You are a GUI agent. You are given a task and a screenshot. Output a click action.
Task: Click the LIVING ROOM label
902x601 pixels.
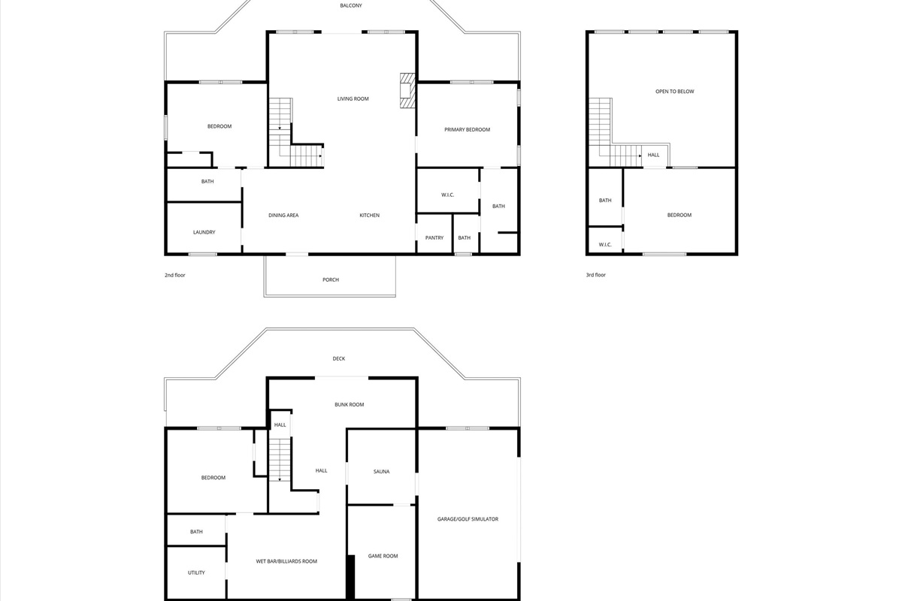pyautogui.click(x=353, y=98)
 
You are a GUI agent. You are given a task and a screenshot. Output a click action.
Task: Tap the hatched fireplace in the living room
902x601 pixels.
pyautogui.click(x=407, y=90)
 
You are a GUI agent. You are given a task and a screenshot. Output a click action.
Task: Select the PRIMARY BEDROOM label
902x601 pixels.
pyautogui.click(x=467, y=130)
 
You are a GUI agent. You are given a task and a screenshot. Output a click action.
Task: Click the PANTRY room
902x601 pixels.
pyautogui.click(x=434, y=234)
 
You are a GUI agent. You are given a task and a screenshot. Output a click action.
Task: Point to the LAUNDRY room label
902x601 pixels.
pyautogui.click(x=204, y=232)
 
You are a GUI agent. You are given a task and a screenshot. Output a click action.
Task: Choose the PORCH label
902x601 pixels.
pyautogui.click(x=331, y=279)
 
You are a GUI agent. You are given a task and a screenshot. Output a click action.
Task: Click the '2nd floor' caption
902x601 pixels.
pyautogui.click(x=174, y=276)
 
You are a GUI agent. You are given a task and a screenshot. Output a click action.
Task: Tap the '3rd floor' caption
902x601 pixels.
pyautogui.click(x=596, y=275)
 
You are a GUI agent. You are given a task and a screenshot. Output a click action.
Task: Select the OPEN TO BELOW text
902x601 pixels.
pyautogui.click(x=675, y=92)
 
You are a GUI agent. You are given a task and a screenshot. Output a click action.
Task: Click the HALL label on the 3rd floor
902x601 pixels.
pyautogui.click(x=653, y=155)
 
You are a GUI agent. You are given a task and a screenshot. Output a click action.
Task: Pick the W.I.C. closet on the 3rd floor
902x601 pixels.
pyautogui.click(x=605, y=240)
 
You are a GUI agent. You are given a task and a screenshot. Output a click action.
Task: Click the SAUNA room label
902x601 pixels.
pyautogui.click(x=381, y=471)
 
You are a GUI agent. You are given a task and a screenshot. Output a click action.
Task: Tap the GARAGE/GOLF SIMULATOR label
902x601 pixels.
pyautogui.click(x=468, y=519)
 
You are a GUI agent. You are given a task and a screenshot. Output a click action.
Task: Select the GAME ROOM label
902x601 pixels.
pyautogui.click(x=383, y=556)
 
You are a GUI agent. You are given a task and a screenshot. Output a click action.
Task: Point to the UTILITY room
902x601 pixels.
pyautogui.click(x=196, y=572)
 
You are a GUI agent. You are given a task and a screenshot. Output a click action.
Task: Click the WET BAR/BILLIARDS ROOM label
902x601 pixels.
pyautogui.click(x=286, y=561)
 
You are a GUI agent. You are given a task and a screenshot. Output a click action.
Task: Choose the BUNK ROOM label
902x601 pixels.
pyautogui.click(x=349, y=405)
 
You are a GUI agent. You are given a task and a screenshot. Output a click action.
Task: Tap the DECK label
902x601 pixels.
pyautogui.click(x=339, y=358)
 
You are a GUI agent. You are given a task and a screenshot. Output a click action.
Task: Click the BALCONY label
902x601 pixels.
pyautogui.click(x=351, y=6)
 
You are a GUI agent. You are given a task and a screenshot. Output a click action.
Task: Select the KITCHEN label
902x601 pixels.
pyautogui.click(x=370, y=216)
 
